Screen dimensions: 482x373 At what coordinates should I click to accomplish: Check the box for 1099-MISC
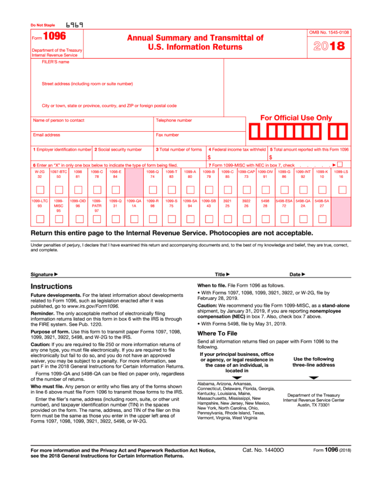[58, 218]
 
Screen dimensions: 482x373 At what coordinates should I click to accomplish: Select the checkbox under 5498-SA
[322, 218]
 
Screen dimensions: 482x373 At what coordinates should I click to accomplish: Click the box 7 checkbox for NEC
[340, 164]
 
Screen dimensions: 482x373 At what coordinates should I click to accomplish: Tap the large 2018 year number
[329, 46]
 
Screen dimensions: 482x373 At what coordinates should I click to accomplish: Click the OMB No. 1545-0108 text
[329, 32]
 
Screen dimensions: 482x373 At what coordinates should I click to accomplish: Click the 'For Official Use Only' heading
[296, 118]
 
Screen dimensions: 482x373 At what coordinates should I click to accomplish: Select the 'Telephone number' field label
[174, 120]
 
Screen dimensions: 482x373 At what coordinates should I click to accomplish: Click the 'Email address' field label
[47, 135]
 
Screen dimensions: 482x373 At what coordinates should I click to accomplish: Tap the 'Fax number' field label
[167, 135]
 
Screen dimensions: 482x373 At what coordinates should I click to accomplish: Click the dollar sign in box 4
[209, 157]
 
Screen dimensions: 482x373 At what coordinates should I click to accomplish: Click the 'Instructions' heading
[51, 286]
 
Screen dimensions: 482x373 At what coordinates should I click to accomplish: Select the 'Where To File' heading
[217, 333]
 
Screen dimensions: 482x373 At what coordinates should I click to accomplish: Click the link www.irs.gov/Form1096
[93, 306]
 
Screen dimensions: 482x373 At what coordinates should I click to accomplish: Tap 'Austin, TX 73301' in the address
[314, 405]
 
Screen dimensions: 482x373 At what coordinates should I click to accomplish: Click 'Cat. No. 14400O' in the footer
[263, 450]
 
